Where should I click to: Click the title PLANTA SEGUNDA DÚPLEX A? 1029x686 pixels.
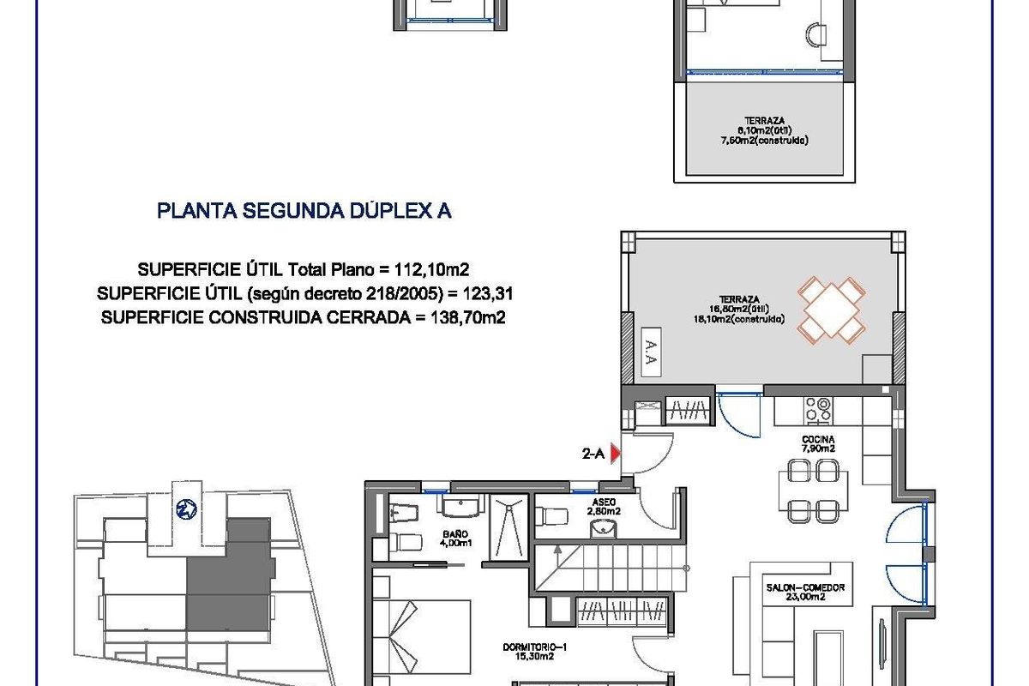[x=304, y=211]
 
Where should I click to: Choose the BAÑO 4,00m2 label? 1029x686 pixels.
[x=455, y=538]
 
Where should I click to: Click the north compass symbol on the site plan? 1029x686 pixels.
[x=184, y=508]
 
